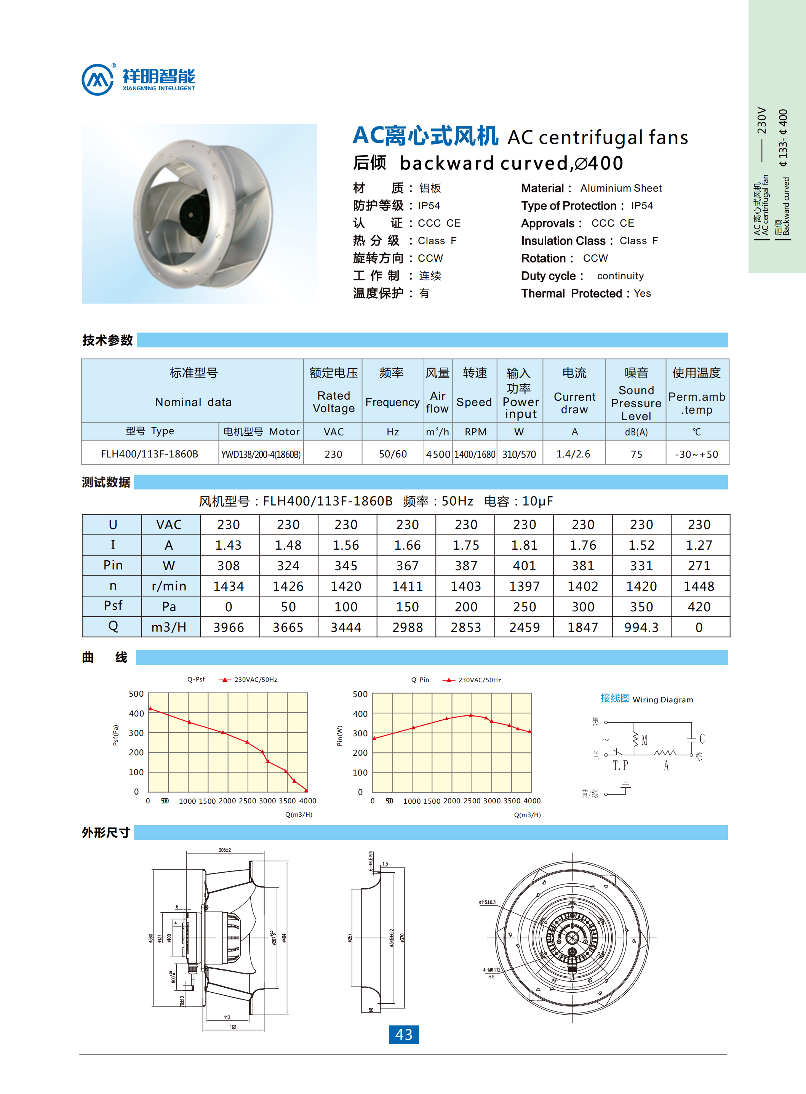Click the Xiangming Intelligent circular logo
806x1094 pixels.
click(98, 80)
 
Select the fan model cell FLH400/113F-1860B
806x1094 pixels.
click(149, 454)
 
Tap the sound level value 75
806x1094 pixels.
click(636, 454)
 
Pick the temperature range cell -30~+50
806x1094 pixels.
click(696, 454)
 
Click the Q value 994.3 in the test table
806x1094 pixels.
click(641, 627)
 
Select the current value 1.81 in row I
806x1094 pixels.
click(524, 545)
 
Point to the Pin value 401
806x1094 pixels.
click(524, 566)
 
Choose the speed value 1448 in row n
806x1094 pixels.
click(699, 586)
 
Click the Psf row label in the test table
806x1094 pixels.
click(113, 606)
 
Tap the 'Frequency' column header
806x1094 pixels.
click(392, 402)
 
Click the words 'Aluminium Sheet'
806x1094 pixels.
click(620, 188)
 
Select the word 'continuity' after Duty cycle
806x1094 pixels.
click(620, 276)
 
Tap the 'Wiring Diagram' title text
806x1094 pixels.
click(662, 700)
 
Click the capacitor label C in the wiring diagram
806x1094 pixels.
click(702, 738)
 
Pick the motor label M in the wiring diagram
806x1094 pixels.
click(644, 740)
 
